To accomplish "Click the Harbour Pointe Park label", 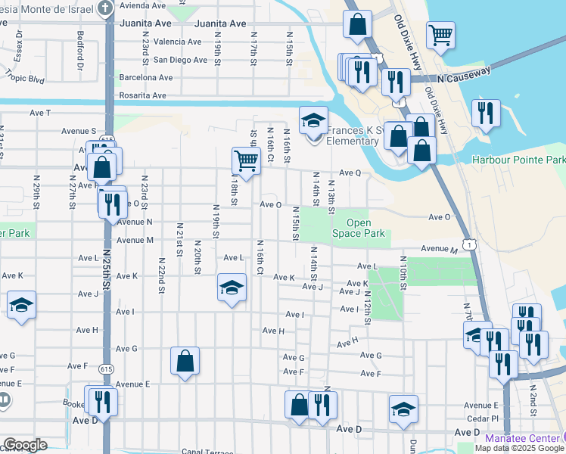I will click(518, 160).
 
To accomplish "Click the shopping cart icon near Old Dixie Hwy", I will click(440, 35).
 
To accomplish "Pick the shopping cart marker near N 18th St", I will click(245, 160).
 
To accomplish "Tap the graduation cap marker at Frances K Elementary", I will click(312, 120).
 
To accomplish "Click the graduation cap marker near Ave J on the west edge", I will click(21, 306).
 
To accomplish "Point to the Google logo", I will click(24, 445).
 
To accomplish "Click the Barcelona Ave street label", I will click(146, 77).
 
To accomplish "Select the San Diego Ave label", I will click(180, 60).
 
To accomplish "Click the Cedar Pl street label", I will click(483, 418).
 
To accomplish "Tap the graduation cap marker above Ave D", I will click(403, 409).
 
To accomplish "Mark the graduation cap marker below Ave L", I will click(232, 288).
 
